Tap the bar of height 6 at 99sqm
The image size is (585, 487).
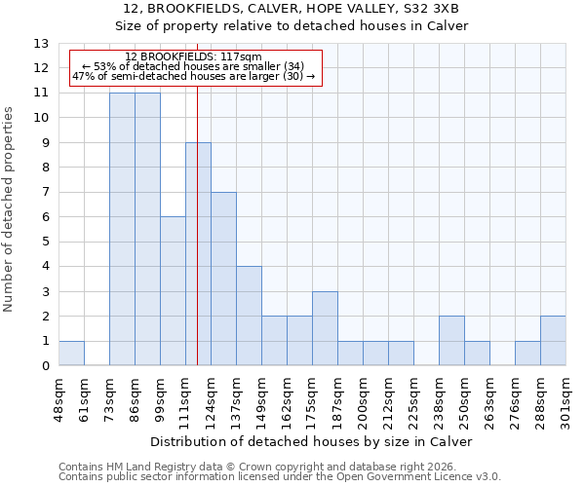coord(173,291)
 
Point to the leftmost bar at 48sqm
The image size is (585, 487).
coord(71,354)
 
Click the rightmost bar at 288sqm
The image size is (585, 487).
coord(553,342)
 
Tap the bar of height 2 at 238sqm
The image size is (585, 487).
coord(451,342)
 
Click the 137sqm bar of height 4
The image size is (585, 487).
coord(249,317)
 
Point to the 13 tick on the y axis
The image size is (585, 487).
coord(41,44)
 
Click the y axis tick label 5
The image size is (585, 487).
coord(45,243)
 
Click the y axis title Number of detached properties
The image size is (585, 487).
coord(10,210)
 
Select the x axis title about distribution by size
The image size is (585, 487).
coord(312,441)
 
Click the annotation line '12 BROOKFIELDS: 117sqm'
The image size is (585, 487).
coord(193,57)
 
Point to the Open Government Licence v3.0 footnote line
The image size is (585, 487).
coord(280,477)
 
